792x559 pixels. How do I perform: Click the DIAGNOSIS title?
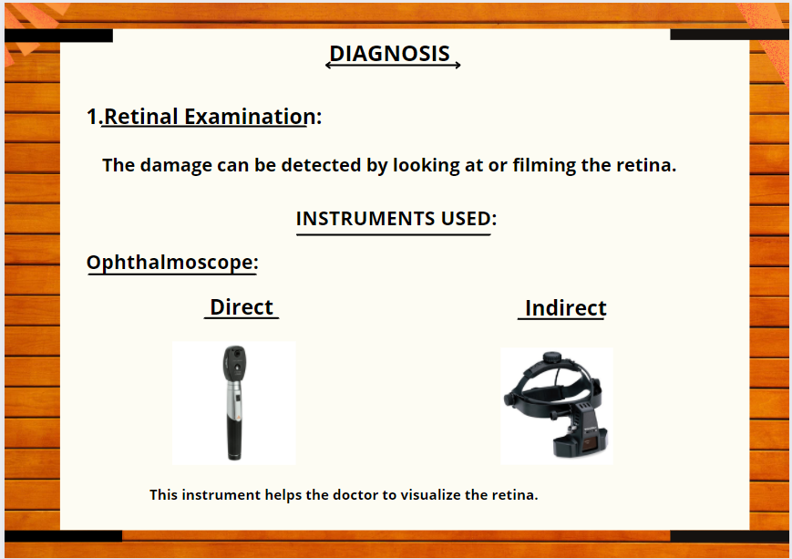[389, 54]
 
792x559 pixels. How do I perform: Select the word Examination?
[250, 116]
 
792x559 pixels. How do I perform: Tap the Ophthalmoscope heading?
[172, 263]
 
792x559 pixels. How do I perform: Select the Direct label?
[242, 307]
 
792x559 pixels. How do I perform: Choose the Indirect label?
[566, 308]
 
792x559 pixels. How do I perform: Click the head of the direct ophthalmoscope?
[235, 364]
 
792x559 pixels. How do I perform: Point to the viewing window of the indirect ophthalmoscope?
[589, 445]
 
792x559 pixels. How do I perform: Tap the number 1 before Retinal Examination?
[92, 117]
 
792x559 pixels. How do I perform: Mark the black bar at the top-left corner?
[58, 36]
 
